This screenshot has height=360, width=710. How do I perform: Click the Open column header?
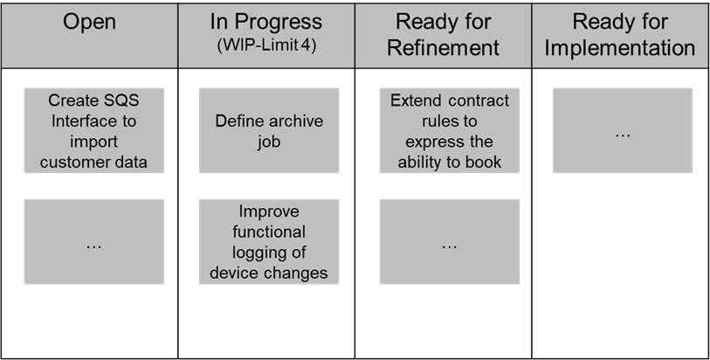(89, 22)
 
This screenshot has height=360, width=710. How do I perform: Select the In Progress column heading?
(266, 22)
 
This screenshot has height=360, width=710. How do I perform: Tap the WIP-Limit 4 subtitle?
(266, 45)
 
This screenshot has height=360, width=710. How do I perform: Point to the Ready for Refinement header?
(444, 34)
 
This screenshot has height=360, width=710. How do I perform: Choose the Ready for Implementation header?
(620, 34)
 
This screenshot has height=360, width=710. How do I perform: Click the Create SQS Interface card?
(93, 130)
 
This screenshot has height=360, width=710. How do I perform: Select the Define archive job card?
(269, 130)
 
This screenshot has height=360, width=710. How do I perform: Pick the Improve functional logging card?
(269, 242)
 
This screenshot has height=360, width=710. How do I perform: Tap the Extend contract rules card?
(449, 130)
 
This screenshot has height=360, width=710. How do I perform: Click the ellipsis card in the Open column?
(93, 242)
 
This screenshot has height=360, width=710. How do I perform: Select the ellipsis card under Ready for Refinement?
(449, 242)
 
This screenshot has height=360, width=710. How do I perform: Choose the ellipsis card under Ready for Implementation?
(623, 130)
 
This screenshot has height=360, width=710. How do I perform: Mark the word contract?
(479, 100)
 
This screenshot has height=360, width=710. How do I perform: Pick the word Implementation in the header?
(620, 48)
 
